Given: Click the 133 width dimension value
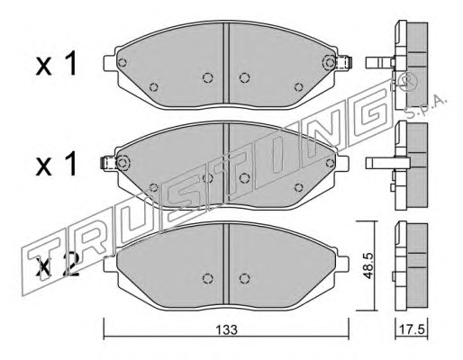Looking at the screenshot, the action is pos(226,329).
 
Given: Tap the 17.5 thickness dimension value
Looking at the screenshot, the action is pos(412,329).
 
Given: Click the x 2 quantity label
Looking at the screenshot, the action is pos(57,265).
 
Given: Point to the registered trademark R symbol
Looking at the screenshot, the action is pos(406,81).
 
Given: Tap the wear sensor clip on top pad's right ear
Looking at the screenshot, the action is pos(344,63).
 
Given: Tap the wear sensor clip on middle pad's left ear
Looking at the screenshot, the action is pos(108,163).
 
